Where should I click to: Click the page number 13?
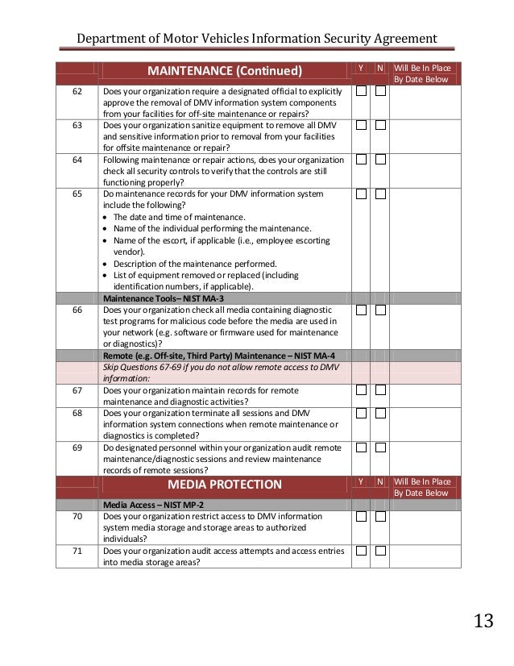pos(483,621)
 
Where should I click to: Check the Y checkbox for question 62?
pos(362,92)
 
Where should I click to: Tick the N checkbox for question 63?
pos(380,126)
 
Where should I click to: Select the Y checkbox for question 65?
pos(362,194)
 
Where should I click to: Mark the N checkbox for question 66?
pos(380,310)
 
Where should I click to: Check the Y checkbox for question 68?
pos(362,413)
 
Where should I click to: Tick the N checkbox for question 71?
pos(380,551)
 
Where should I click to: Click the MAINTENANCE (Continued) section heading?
pos(225,72)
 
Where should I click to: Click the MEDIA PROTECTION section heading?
pos(225,485)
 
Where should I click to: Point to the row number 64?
pos(77,160)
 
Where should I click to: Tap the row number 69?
pos(77,447)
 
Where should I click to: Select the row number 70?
pos(77,516)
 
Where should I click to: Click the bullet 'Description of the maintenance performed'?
pos(195,263)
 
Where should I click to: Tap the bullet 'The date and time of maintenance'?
pos(179,217)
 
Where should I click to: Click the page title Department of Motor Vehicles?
pos(257,39)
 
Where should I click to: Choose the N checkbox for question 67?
pos(380,390)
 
